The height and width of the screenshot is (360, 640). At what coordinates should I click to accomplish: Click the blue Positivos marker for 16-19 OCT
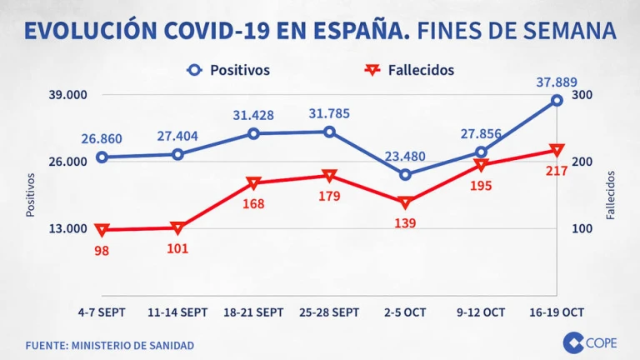tap(557, 100)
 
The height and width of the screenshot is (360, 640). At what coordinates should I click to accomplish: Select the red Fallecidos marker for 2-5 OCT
tap(405, 202)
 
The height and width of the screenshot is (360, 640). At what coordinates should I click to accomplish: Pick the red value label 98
tap(102, 249)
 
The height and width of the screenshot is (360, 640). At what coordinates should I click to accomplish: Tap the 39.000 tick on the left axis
tap(67, 95)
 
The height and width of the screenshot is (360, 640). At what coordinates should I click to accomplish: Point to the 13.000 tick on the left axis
tap(67, 229)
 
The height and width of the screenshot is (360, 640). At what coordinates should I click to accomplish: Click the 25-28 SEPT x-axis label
tap(329, 312)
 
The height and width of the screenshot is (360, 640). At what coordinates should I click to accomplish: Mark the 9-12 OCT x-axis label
tap(481, 312)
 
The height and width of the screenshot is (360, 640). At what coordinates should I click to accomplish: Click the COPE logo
tap(589, 342)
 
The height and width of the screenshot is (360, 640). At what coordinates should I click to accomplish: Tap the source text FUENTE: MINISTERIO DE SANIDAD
tap(109, 345)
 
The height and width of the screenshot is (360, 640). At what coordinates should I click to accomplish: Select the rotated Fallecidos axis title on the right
tap(611, 195)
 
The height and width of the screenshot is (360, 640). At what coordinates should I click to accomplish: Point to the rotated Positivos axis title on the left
tap(31, 195)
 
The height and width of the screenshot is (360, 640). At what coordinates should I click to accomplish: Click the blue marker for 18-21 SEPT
tap(254, 133)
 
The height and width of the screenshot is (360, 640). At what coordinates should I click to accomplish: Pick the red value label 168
tap(253, 204)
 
